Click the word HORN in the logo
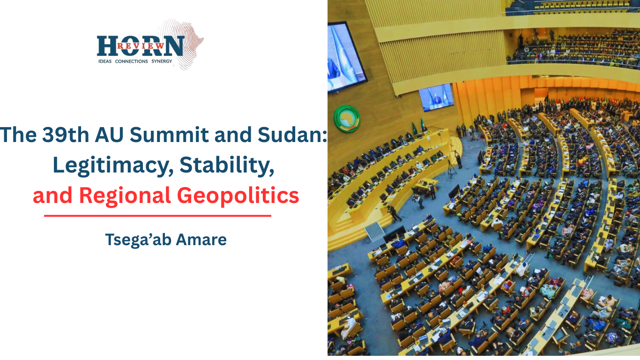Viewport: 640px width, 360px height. click(x=141, y=46)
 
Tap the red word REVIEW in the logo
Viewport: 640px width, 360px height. click(x=141, y=46)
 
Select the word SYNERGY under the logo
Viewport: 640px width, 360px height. click(x=162, y=61)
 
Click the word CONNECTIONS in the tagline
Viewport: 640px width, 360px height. click(x=132, y=61)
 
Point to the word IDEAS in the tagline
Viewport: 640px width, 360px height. click(x=105, y=61)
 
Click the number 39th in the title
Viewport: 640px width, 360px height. click(x=66, y=135)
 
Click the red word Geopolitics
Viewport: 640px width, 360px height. click(x=238, y=196)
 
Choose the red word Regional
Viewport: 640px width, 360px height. click(x=125, y=196)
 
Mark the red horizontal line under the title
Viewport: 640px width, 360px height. click(x=157, y=216)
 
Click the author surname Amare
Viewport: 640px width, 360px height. click(x=201, y=240)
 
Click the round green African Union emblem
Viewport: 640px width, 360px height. click(x=347, y=119)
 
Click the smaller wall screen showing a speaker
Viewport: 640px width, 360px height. click(x=436, y=97)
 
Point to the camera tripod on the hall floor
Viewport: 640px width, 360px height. click(x=452, y=169)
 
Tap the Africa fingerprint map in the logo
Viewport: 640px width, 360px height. click(x=183, y=43)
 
